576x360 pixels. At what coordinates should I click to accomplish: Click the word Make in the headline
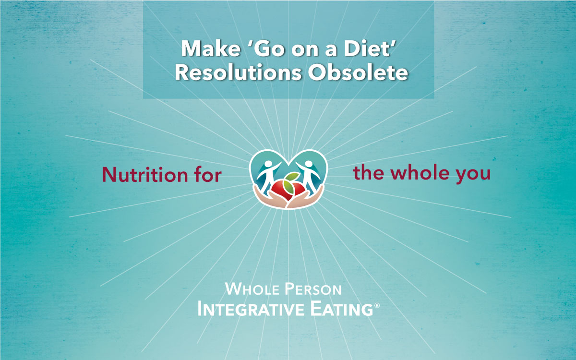coord(211,48)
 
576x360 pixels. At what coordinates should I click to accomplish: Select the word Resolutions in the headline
coord(238,72)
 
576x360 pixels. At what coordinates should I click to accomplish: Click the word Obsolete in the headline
coord(358,72)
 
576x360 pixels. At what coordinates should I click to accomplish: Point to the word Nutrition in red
coord(145,175)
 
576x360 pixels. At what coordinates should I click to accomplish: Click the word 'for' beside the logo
coord(208,175)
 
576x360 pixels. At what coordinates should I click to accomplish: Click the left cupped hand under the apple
coord(270,197)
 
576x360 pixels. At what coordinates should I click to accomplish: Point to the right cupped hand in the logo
coord(306,197)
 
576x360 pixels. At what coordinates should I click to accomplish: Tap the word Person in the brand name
coord(313,289)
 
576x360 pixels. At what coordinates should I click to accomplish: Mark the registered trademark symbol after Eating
coord(377,305)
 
